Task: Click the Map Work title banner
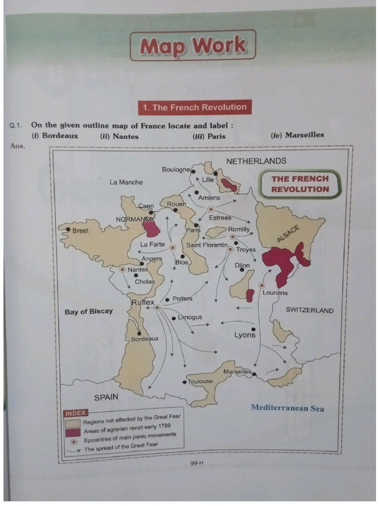point(192,45)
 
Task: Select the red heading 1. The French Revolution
point(194,107)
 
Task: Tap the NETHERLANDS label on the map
point(256,161)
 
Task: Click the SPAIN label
point(106,397)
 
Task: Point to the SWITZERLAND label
point(309,310)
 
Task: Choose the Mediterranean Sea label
point(287,408)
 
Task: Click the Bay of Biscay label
point(88,311)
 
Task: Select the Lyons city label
point(245,335)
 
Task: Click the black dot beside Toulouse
point(185,382)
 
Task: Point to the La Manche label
point(126,182)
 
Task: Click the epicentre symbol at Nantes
point(122,270)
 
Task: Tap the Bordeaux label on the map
point(145,339)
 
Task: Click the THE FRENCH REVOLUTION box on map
point(300,184)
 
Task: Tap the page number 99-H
point(196,464)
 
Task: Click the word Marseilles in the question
point(304,134)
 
